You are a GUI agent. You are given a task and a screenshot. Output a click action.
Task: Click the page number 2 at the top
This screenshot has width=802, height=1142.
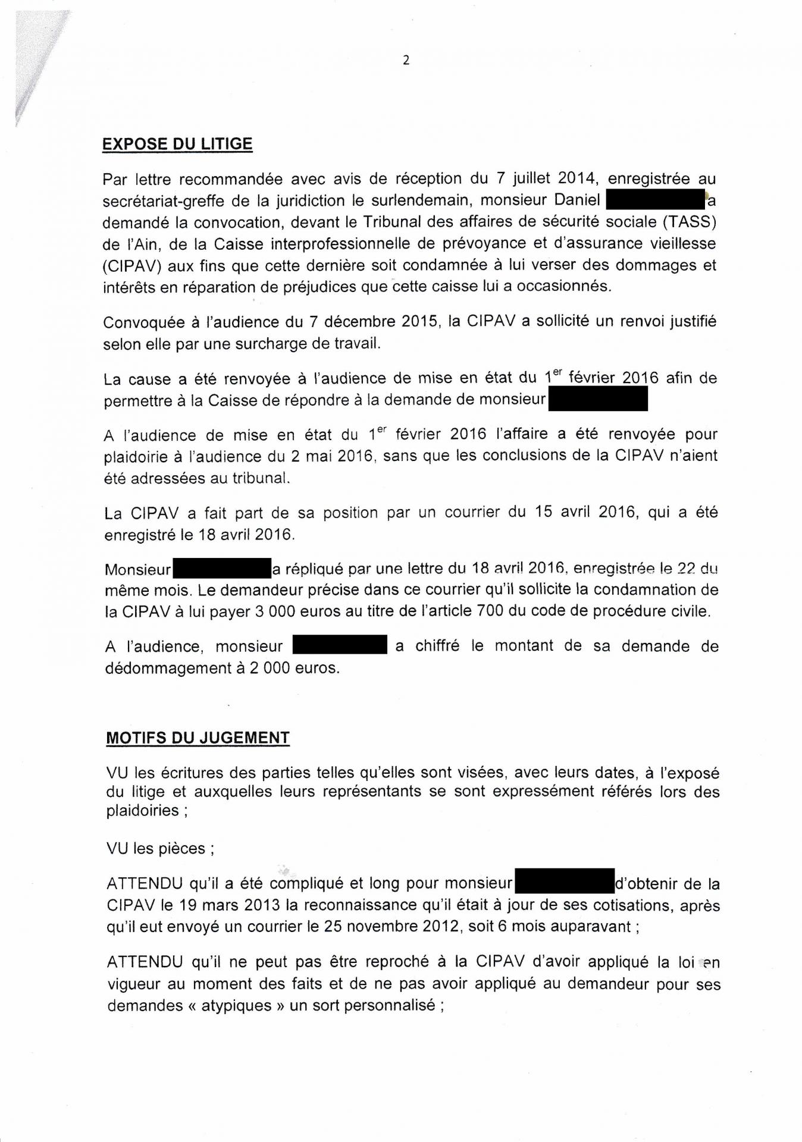(x=406, y=60)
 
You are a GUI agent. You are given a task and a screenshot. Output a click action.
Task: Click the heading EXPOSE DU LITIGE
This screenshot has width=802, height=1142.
(x=177, y=145)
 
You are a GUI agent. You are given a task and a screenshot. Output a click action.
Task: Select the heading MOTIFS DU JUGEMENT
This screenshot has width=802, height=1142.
(x=198, y=738)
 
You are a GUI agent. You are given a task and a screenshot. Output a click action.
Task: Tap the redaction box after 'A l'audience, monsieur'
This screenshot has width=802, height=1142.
(x=340, y=646)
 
